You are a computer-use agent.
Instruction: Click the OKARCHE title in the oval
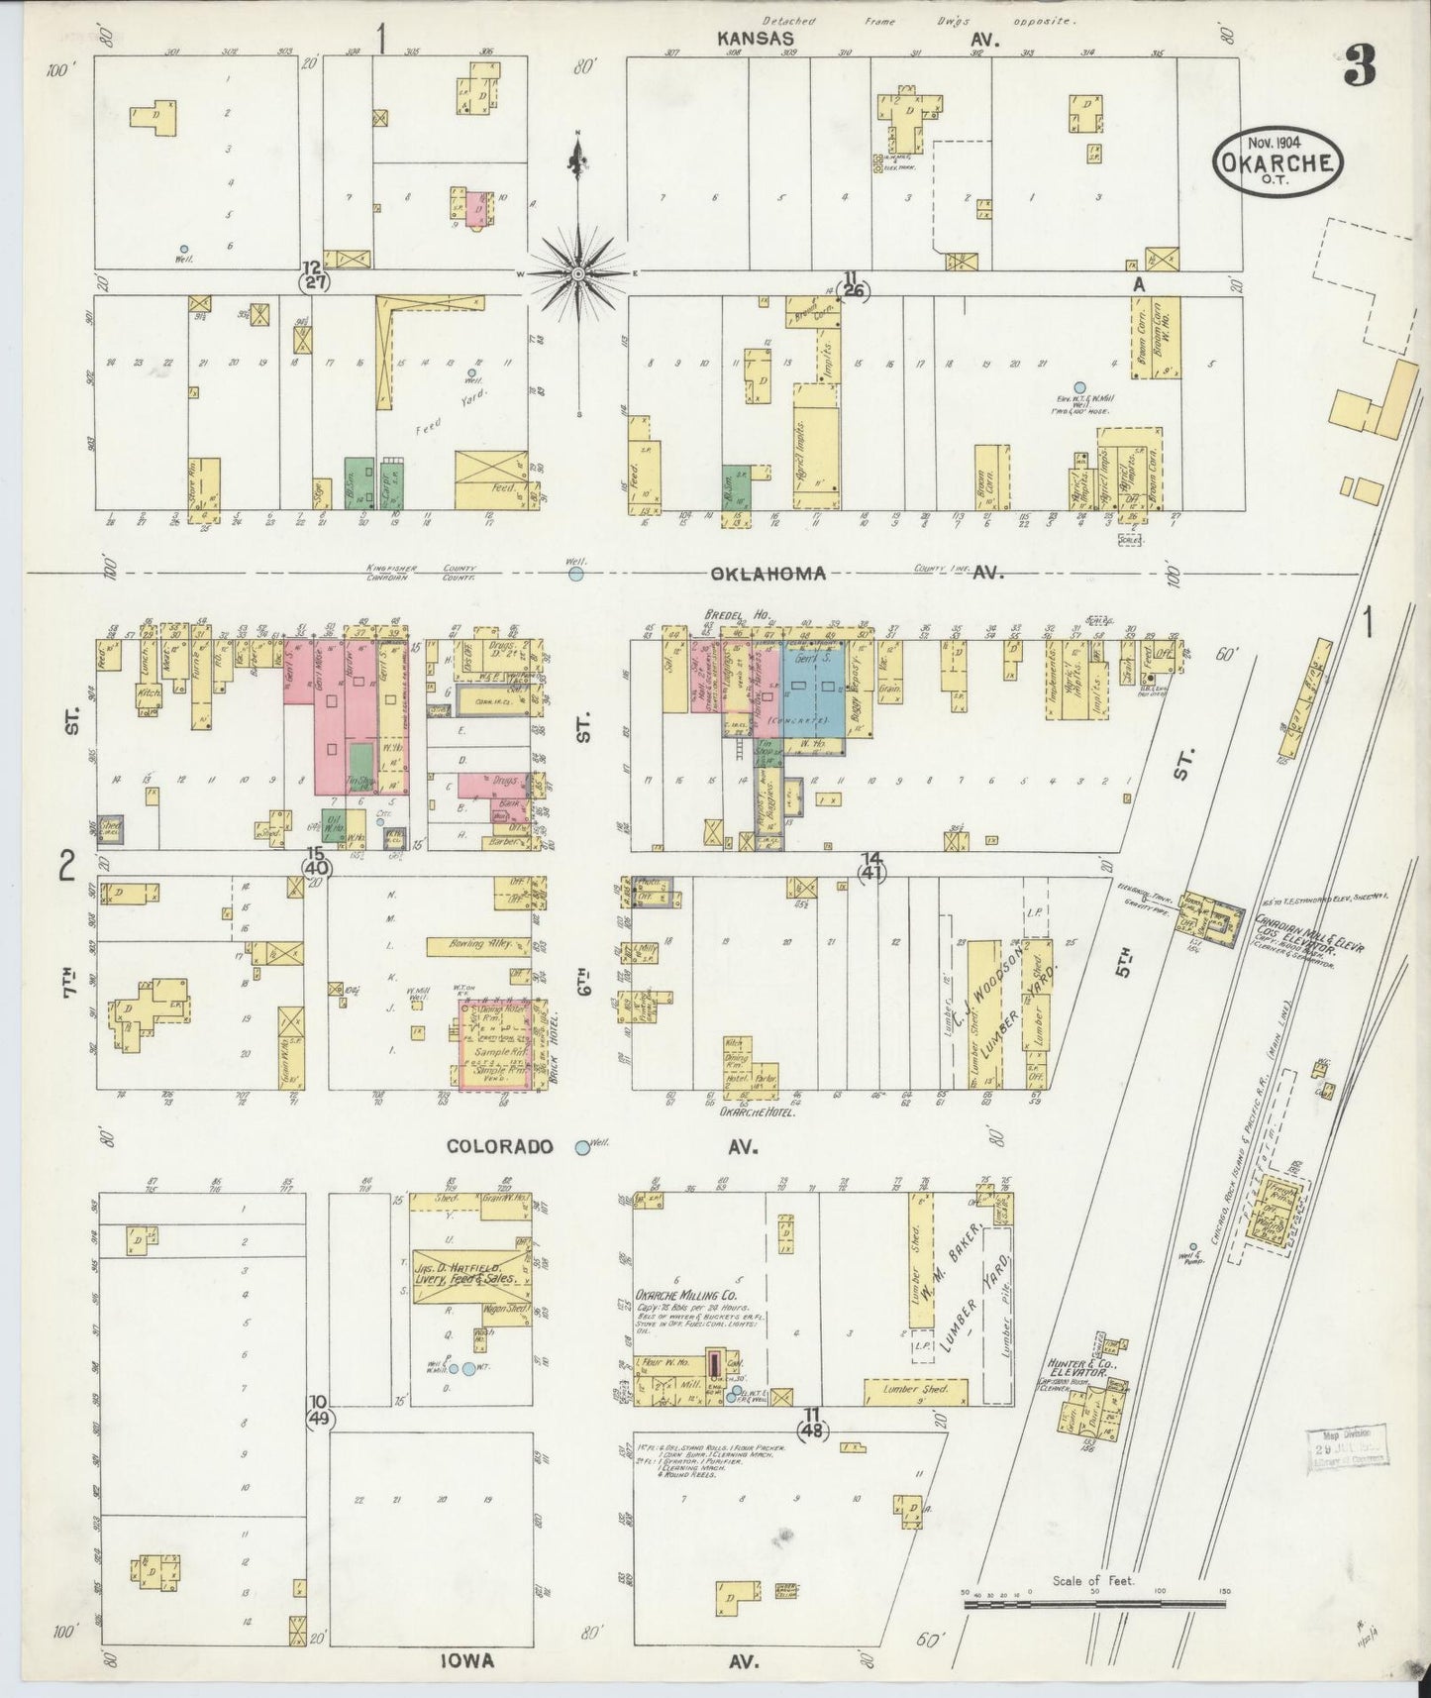(1277, 161)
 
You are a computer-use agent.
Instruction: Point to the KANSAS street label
(758, 38)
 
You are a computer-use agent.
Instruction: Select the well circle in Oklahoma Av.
(575, 573)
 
